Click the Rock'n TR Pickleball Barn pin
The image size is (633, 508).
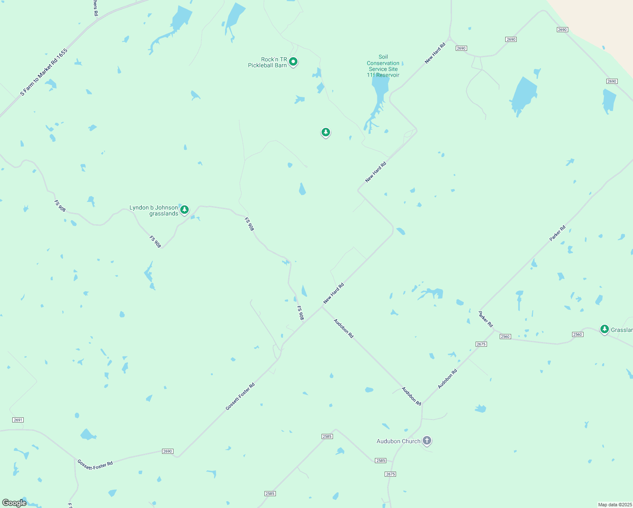(x=293, y=62)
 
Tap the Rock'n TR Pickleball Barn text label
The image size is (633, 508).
(x=267, y=62)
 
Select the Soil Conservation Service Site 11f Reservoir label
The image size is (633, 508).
(x=383, y=66)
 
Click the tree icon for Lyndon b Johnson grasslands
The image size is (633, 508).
(x=184, y=210)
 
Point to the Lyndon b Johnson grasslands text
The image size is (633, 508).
(x=154, y=210)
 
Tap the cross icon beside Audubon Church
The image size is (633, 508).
(x=427, y=441)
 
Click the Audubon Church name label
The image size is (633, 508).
(x=399, y=441)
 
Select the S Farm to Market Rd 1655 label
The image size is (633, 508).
(x=44, y=72)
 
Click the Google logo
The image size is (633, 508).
(x=14, y=502)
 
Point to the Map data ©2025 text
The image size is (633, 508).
(x=614, y=505)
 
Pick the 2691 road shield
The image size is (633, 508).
(x=18, y=420)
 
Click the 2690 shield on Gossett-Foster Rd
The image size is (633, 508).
(x=168, y=451)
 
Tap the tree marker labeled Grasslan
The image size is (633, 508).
(x=605, y=329)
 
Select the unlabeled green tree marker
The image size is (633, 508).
(x=325, y=133)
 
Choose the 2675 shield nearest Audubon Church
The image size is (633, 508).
(x=391, y=474)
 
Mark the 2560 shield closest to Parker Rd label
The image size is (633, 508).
(x=505, y=337)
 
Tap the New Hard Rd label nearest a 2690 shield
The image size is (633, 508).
(x=435, y=53)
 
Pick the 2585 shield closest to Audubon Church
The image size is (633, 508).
(x=380, y=461)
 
